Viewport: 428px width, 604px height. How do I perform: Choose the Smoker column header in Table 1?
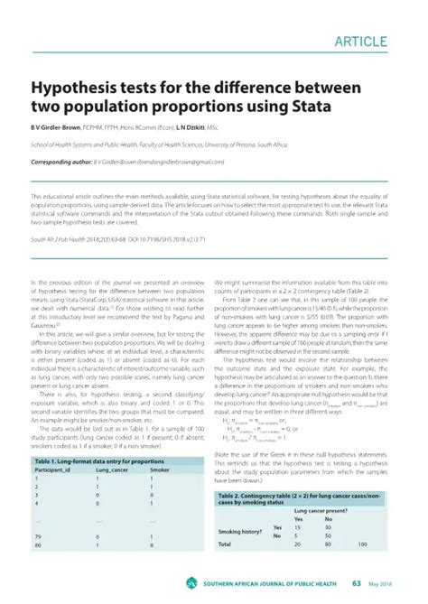coord(160,472)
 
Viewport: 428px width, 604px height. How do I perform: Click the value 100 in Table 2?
coord(362,545)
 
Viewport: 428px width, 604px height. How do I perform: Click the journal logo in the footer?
coord(191,582)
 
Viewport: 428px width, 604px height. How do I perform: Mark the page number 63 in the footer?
coord(357,582)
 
